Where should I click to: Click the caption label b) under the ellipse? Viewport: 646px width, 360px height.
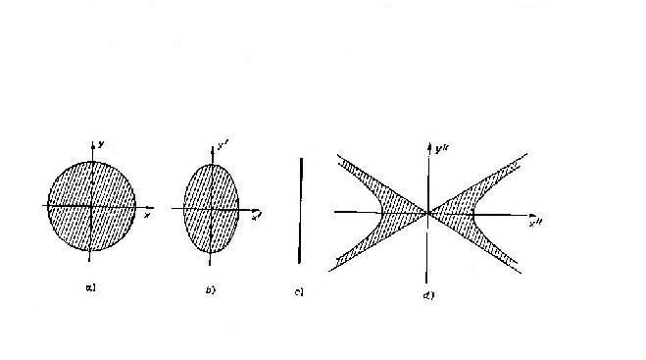(210, 288)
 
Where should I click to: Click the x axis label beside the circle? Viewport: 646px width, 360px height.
(146, 214)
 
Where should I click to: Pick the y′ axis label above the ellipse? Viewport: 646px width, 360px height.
(223, 149)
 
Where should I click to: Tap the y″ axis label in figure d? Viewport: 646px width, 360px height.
(438, 150)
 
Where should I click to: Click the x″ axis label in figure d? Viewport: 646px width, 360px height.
(535, 224)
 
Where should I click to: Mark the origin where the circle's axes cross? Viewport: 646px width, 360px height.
(91, 206)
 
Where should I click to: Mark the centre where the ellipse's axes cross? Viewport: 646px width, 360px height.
(211, 209)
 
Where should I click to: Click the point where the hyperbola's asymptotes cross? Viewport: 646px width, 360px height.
(427, 211)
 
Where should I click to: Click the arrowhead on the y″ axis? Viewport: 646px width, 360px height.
(428, 147)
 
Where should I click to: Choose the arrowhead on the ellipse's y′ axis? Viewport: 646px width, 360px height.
(211, 146)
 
